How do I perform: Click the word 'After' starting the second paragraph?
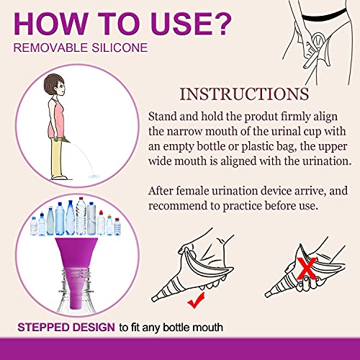coord(163,192)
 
